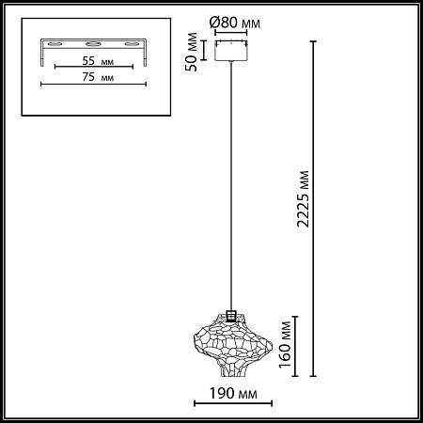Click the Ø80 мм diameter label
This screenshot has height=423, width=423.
(x=231, y=22)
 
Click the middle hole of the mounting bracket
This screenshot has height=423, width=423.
(x=93, y=45)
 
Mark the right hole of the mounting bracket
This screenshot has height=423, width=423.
(x=131, y=45)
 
